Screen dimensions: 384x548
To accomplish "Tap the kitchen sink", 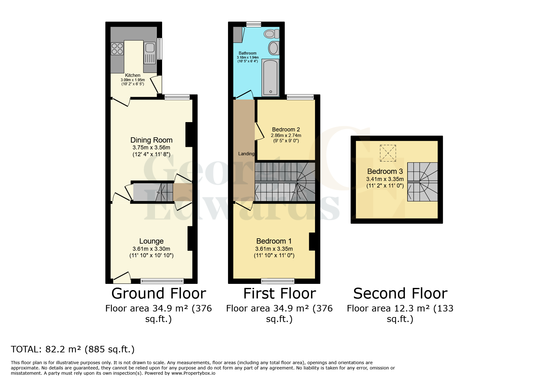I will click(x=150, y=48).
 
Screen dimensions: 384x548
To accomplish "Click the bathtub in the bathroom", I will click(x=270, y=77).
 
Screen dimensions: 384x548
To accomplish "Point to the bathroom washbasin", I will click(x=273, y=48).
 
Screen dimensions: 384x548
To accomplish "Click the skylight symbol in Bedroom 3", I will click(x=388, y=153).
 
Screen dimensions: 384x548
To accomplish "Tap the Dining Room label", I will click(x=151, y=140).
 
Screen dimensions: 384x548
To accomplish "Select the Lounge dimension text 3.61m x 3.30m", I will click(x=151, y=249).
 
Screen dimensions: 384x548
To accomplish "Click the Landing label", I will click(x=246, y=154).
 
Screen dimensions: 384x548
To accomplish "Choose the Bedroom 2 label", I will click(x=286, y=130).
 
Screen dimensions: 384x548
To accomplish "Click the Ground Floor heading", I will click(x=158, y=294).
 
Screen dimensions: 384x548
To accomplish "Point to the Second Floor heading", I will click(x=400, y=294).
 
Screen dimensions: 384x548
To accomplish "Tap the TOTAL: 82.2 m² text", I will click(x=73, y=349).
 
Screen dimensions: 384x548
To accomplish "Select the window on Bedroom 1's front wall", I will click(x=278, y=281).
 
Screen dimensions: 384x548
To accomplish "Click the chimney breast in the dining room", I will click(x=189, y=135).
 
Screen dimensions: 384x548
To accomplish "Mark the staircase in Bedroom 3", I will click(x=422, y=182).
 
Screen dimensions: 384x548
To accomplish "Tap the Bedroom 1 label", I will click(x=274, y=241).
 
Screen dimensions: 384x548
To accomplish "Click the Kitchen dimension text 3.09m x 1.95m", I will click(x=133, y=80).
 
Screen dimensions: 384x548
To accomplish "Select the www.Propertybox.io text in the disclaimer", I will click(x=193, y=373).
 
